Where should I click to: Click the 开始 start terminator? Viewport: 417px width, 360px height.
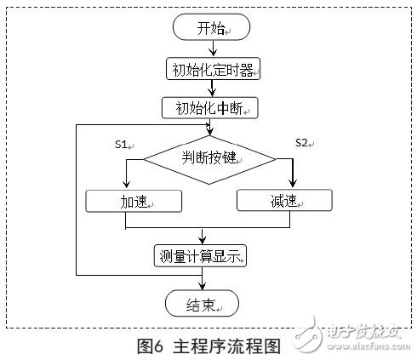tap(208, 28)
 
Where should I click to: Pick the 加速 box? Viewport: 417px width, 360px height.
tap(134, 201)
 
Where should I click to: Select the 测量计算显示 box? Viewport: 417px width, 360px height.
tap(202, 255)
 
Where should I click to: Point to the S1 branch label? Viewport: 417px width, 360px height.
tap(123, 146)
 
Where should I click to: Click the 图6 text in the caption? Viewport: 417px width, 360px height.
tap(152, 346)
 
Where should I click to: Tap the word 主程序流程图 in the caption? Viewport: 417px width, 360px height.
tap(227, 346)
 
